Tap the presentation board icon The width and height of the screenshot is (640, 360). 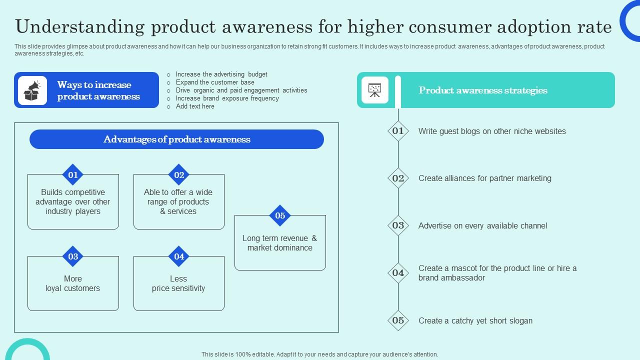[x=375, y=90]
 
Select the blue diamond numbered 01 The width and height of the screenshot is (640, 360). [x=73, y=174]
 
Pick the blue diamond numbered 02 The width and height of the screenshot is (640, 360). [x=179, y=174]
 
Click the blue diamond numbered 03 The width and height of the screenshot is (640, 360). [x=73, y=256]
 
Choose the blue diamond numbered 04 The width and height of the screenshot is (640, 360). [x=179, y=256]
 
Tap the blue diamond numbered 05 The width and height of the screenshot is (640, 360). [x=280, y=215]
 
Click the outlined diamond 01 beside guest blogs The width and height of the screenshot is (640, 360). [x=398, y=131]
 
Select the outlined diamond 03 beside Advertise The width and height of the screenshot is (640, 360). [x=398, y=225]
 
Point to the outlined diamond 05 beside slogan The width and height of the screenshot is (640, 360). [x=398, y=320]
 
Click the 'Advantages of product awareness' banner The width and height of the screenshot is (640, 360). [x=176, y=139]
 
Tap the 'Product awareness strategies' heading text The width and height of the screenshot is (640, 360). [x=483, y=90]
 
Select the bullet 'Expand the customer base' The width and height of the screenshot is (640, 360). [x=215, y=82]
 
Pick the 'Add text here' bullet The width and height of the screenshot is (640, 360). [x=195, y=106]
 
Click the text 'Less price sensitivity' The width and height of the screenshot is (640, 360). [x=178, y=283]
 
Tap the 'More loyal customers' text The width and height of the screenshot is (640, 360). [x=73, y=283]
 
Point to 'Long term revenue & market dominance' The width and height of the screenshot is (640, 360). [x=280, y=243]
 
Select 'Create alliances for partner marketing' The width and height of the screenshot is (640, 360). [x=485, y=178]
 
